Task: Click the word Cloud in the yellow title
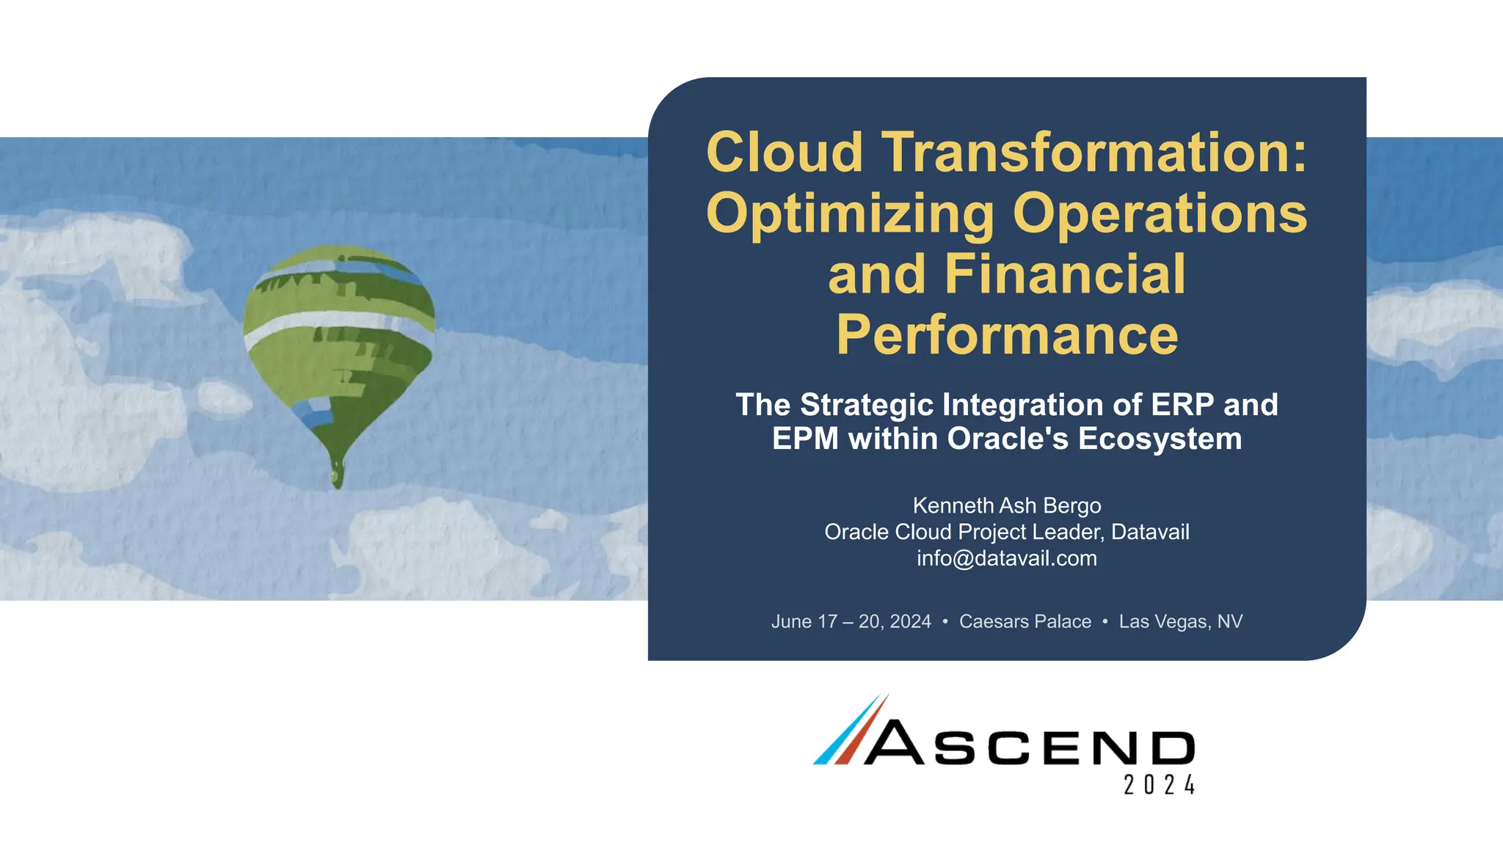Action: pyautogui.click(x=784, y=153)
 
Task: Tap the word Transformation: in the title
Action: pyautogui.click(x=1093, y=153)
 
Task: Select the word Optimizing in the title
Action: pyautogui.click(x=850, y=214)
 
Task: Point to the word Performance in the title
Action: pyautogui.click(x=1007, y=335)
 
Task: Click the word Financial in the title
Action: pyautogui.click(x=1065, y=274)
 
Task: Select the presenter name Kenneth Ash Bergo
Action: pyautogui.click(x=1007, y=505)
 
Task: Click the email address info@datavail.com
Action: pyautogui.click(x=1007, y=558)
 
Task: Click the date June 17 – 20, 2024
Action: pyautogui.click(x=851, y=621)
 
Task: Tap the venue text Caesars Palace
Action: pyautogui.click(x=1025, y=621)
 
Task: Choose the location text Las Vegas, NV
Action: pyautogui.click(x=1180, y=621)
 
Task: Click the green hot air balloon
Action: pyautogui.click(x=338, y=345)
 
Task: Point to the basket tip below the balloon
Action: pyautogui.click(x=338, y=475)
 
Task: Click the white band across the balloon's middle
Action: pyautogui.click(x=330, y=325)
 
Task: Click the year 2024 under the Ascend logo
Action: pyautogui.click(x=1160, y=785)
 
